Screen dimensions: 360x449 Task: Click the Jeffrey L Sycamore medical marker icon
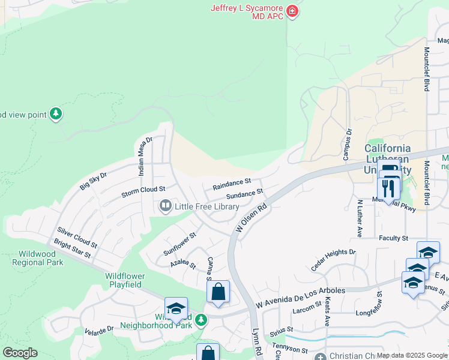pyautogui.click(x=292, y=11)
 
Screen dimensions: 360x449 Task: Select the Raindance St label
pyautogui.click(x=231, y=184)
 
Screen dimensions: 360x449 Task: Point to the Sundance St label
pyautogui.click(x=245, y=194)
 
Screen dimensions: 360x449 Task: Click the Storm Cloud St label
pyautogui.click(x=143, y=191)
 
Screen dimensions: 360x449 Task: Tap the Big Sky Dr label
pyautogui.click(x=93, y=181)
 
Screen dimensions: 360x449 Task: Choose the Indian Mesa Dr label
pyautogui.click(x=144, y=154)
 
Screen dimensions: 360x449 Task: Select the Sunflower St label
pyautogui.click(x=179, y=245)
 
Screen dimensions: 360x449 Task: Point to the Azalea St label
pyautogui.click(x=183, y=263)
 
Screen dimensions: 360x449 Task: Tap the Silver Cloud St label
pyautogui.click(x=77, y=238)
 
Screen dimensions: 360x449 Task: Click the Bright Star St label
pyautogui.click(x=71, y=249)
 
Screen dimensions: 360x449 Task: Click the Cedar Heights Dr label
pyautogui.click(x=333, y=260)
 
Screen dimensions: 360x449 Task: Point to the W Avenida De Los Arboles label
pyautogui.click(x=300, y=291)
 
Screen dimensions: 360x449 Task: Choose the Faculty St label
pyautogui.click(x=393, y=238)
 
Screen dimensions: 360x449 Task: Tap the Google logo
pyautogui.click(x=20, y=353)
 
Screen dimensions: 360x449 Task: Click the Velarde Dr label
pyautogui.click(x=99, y=330)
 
